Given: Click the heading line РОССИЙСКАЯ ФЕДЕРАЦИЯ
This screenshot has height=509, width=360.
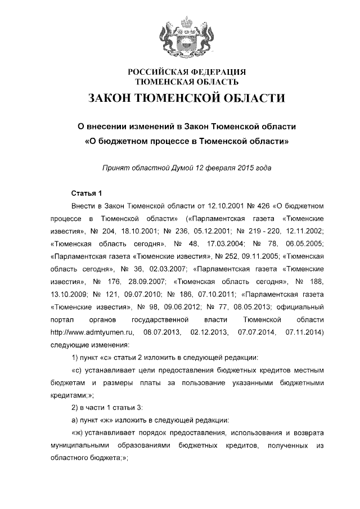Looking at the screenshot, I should (187, 72).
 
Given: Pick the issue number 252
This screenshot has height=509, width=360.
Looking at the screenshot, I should (233, 257).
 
